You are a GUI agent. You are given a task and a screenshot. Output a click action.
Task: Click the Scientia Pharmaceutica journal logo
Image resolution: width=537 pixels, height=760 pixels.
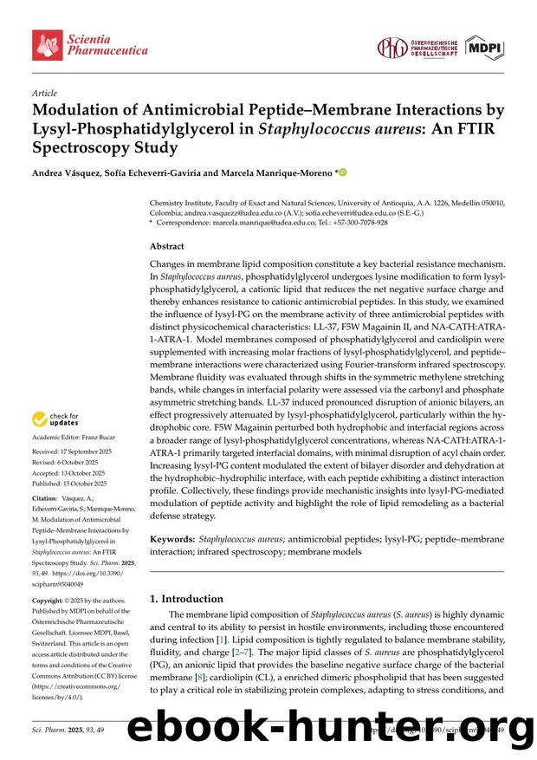90,44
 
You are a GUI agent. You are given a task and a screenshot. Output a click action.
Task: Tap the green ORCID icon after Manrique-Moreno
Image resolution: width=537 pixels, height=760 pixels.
342,172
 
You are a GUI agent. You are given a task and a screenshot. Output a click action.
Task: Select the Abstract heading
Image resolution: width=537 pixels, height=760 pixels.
166,246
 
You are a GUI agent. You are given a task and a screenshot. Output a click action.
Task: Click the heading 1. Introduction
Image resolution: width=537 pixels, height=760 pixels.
186,598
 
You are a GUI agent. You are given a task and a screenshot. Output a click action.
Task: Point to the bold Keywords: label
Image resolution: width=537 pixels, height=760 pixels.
172,539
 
